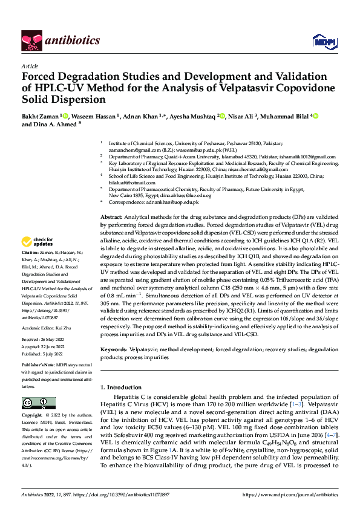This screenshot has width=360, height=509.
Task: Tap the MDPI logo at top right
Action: click(x=324, y=41)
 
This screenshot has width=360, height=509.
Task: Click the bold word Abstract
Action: click(x=111, y=217)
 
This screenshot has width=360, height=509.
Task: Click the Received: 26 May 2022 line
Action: click(x=45, y=340)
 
